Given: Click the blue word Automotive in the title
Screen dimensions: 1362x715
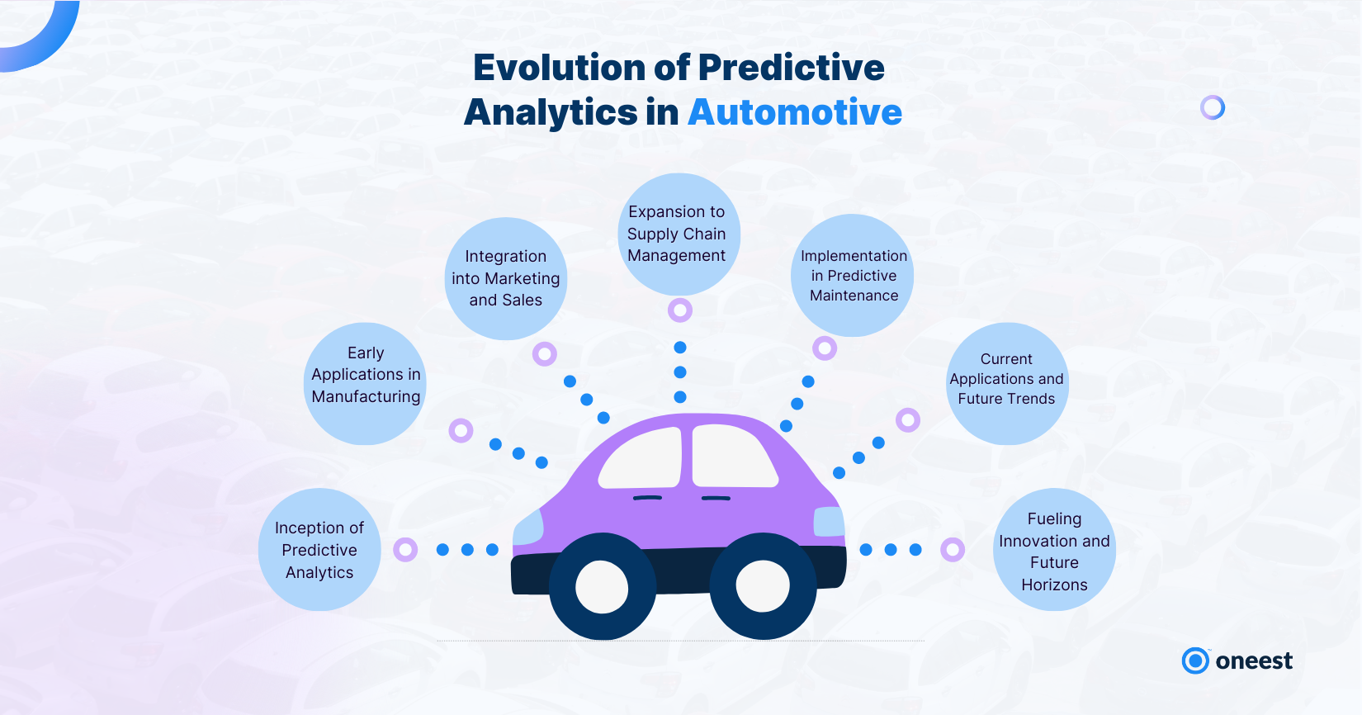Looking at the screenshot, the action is coord(795,111).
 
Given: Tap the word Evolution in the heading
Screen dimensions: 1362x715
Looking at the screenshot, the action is coord(558,67).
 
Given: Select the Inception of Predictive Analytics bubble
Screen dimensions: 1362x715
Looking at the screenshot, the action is coord(319,550).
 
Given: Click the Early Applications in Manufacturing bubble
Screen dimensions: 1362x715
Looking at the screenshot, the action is coord(366,384).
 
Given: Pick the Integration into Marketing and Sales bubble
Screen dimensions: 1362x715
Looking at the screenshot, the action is coord(506,278).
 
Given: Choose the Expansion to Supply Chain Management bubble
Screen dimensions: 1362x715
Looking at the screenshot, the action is coord(679,234).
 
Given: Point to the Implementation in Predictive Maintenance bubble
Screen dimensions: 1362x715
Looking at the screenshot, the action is coord(853,276).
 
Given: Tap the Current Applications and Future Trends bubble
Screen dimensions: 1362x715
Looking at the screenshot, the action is coord(1008,384).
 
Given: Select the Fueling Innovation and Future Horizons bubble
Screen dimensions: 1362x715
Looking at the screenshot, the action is coord(1054,550).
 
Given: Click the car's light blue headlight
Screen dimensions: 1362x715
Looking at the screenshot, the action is coord(528,528).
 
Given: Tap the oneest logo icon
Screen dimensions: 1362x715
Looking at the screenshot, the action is coord(1195,650).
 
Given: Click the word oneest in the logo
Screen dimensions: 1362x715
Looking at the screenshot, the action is coord(1254,661).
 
